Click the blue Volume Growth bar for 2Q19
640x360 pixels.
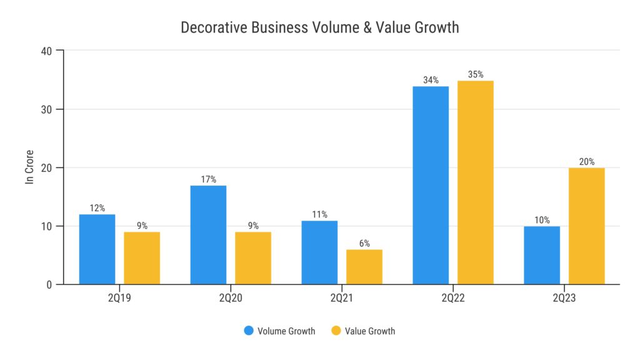97,249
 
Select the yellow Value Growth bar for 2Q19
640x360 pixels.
142,258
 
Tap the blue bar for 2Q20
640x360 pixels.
208,235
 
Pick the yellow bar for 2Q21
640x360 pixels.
364,267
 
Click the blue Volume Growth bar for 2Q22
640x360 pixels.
431,185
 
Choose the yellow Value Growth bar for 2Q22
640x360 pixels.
476,182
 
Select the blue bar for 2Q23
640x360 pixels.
542,255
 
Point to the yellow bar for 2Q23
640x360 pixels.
587,226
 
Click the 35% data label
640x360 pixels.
476,75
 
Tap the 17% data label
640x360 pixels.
208,180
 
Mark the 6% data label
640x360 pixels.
364,244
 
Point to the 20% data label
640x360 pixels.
587,162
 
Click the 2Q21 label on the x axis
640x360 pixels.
342,299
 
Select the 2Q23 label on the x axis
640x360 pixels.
564,299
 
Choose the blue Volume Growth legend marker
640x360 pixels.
249,331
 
